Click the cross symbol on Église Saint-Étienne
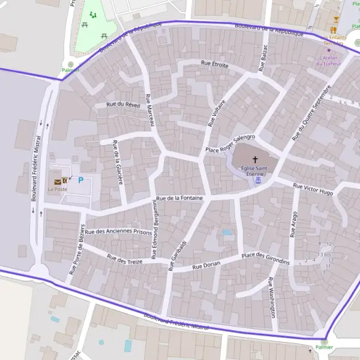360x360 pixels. pyautogui.click(x=256, y=160)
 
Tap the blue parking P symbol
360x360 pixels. pyautogui.click(x=81, y=180)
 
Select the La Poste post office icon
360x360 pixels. pyautogui.click(x=58, y=181)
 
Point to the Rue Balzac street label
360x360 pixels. pyautogui.click(x=262, y=59)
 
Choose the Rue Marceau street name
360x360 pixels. pyautogui.click(x=149, y=109)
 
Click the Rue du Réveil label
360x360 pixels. pyautogui.click(x=123, y=104)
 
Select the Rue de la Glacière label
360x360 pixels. pyautogui.click(x=117, y=162)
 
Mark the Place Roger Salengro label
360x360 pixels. pyautogui.click(x=230, y=143)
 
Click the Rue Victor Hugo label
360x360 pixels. pyautogui.click(x=313, y=189)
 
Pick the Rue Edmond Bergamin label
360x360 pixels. pyautogui.click(x=154, y=230)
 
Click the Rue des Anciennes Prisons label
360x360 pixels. pyautogui.click(x=118, y=232)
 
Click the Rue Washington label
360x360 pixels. pyautogui.click(x=272, y=297)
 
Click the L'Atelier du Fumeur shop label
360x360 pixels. pyautogui.click(x=328, y=61)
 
